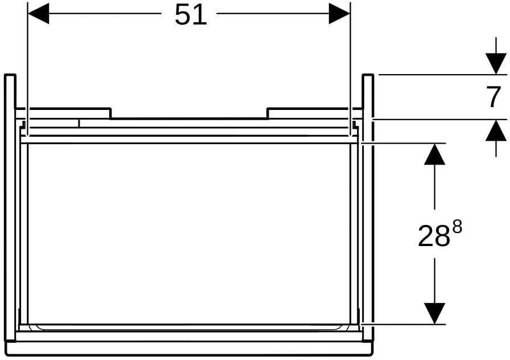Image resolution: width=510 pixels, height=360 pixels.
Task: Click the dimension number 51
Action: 191,15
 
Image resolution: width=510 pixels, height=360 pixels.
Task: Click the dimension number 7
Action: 495,97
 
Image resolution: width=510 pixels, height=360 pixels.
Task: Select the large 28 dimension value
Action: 434,236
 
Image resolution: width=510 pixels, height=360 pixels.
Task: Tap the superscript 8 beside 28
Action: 457,227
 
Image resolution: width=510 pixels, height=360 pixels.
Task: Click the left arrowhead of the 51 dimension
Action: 38,13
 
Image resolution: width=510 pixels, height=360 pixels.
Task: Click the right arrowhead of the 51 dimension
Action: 339,13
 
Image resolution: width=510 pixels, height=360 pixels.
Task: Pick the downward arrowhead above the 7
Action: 496,64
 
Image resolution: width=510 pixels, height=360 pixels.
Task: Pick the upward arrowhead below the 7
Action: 496,130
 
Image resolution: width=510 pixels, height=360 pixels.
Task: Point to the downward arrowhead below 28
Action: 434,313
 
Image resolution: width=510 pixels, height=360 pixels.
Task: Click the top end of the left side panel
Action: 10,75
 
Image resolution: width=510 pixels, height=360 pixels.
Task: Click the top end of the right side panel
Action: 368,75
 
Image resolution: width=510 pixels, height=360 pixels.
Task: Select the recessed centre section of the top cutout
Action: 189,118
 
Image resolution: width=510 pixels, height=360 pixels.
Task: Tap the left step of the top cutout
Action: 110,113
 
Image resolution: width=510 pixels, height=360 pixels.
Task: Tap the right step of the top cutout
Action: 268,113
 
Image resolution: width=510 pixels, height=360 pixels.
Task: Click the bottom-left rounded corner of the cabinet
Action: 6,353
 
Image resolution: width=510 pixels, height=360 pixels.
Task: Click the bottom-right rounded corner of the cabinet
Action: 372,353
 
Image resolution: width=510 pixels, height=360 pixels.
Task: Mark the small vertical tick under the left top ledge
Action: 79,123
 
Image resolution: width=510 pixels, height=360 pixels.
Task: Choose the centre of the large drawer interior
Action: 189,234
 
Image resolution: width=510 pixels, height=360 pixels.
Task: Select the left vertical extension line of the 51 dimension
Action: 28,68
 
